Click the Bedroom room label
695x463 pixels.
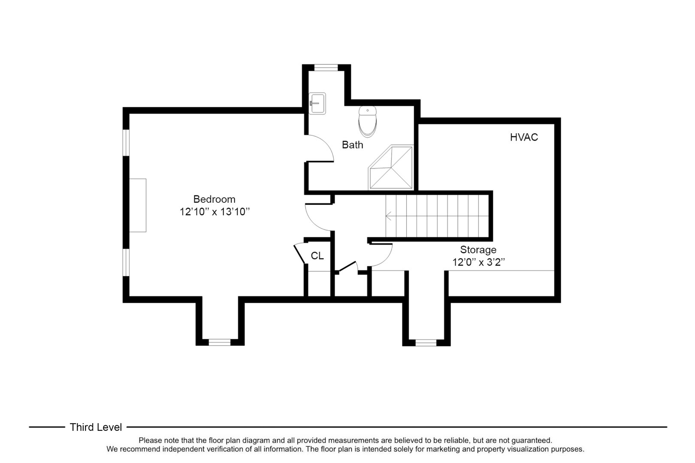click(214, 199)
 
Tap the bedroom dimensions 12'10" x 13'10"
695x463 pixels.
click(214, 212)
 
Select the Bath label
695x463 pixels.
click(352, 145)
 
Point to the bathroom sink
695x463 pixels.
click(317, 103)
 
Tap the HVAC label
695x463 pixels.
click(524, 137)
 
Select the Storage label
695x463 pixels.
click(478, 250)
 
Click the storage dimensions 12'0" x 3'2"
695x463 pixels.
click(478, 262)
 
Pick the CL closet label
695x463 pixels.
click(317, 256)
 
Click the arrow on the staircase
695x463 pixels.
click(389, 216)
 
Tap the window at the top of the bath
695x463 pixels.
click(326, 67)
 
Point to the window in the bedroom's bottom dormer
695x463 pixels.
click(220, 342)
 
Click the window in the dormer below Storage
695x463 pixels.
click(426, 343)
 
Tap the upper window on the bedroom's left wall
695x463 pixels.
click(126, 142)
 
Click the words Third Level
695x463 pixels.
click(96, 427)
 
